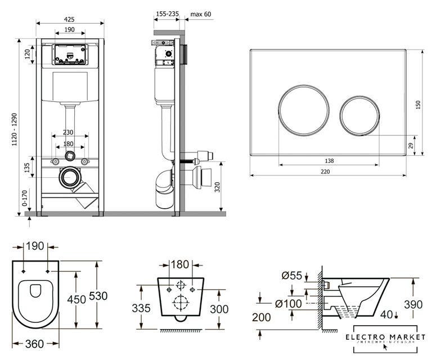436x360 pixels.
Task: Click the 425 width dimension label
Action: click(x=70, y=19)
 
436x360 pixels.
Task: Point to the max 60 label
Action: click(x=201, y=14)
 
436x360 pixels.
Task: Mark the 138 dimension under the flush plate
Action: click(x=330, y=161)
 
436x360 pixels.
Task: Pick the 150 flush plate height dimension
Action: click(x=418, y=105)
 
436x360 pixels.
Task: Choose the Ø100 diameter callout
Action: click(x=289, y=304)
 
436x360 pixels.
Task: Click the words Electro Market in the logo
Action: click(x=385, y=336)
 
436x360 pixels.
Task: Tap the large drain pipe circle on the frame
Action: click(x=71, y=177)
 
